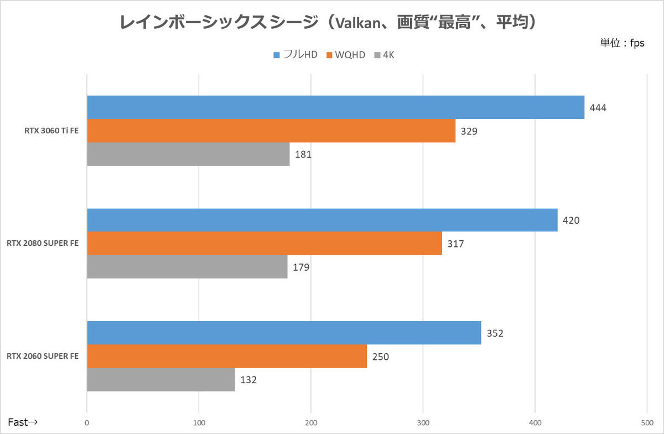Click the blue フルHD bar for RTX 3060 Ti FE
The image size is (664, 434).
[x=335, y=107]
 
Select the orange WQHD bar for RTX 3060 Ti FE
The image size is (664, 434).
[x=271, y=131]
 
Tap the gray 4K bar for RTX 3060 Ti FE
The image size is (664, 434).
[x=188, y=154]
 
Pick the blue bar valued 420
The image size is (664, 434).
[x=322, y=220]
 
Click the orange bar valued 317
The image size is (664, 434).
[x=264, y=244]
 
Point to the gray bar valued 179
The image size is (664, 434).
[x=187, y=267]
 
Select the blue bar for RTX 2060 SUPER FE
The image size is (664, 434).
[x=284, y=333]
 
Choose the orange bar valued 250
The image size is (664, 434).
[x=227, y=356]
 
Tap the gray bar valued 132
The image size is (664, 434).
[x=160, y=380]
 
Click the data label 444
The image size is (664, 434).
[x=598, y=108]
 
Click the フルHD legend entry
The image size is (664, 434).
[x=295, y=55]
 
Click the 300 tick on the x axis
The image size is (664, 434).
[x=423, y=423]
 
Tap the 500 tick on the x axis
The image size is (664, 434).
[x=647, y=423]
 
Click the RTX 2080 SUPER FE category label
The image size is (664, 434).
[x=42, y=244]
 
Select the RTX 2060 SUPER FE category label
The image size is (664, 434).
[x=42, y=356]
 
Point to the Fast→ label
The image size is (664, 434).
[x=23, y=422]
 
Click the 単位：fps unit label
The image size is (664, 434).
[x=622, y=43]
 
